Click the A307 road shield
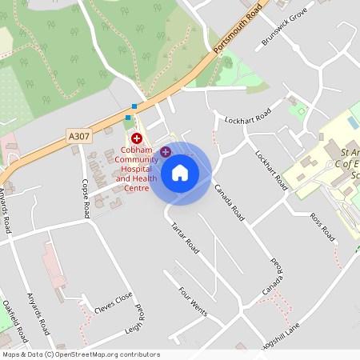point(79,137)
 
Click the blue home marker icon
point(180,173)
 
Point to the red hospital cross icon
point(137,138)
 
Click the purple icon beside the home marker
point(165,152)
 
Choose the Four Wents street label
point(193,302)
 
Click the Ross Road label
point(322,226)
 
